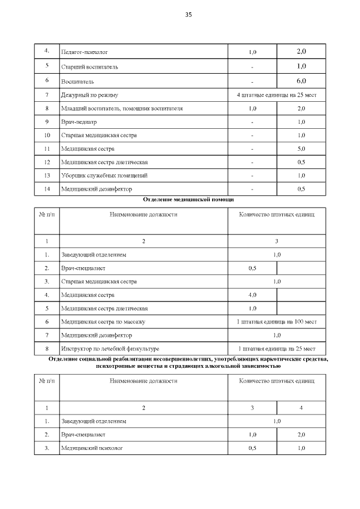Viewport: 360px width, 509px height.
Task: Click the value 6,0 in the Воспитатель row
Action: tap(301, 81)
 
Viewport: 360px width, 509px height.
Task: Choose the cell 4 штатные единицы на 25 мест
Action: tap(276, 95)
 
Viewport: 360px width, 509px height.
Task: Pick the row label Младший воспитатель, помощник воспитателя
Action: tap(121, 108)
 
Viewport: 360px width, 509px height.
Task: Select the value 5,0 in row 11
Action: tap(301, 149)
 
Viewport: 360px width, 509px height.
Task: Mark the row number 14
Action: tap(47, 189)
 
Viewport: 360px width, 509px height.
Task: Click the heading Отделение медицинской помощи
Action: tap(188, 200)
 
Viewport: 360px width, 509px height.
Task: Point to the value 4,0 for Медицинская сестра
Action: tap(252, 295)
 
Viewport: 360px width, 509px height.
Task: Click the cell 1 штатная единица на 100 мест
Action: tap(276, 322)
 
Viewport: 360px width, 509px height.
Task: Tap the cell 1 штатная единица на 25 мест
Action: tap(276, 349)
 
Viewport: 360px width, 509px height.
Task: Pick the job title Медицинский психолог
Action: tap(92, 448)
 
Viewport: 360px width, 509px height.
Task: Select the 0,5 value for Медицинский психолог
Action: tap(252, 448)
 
